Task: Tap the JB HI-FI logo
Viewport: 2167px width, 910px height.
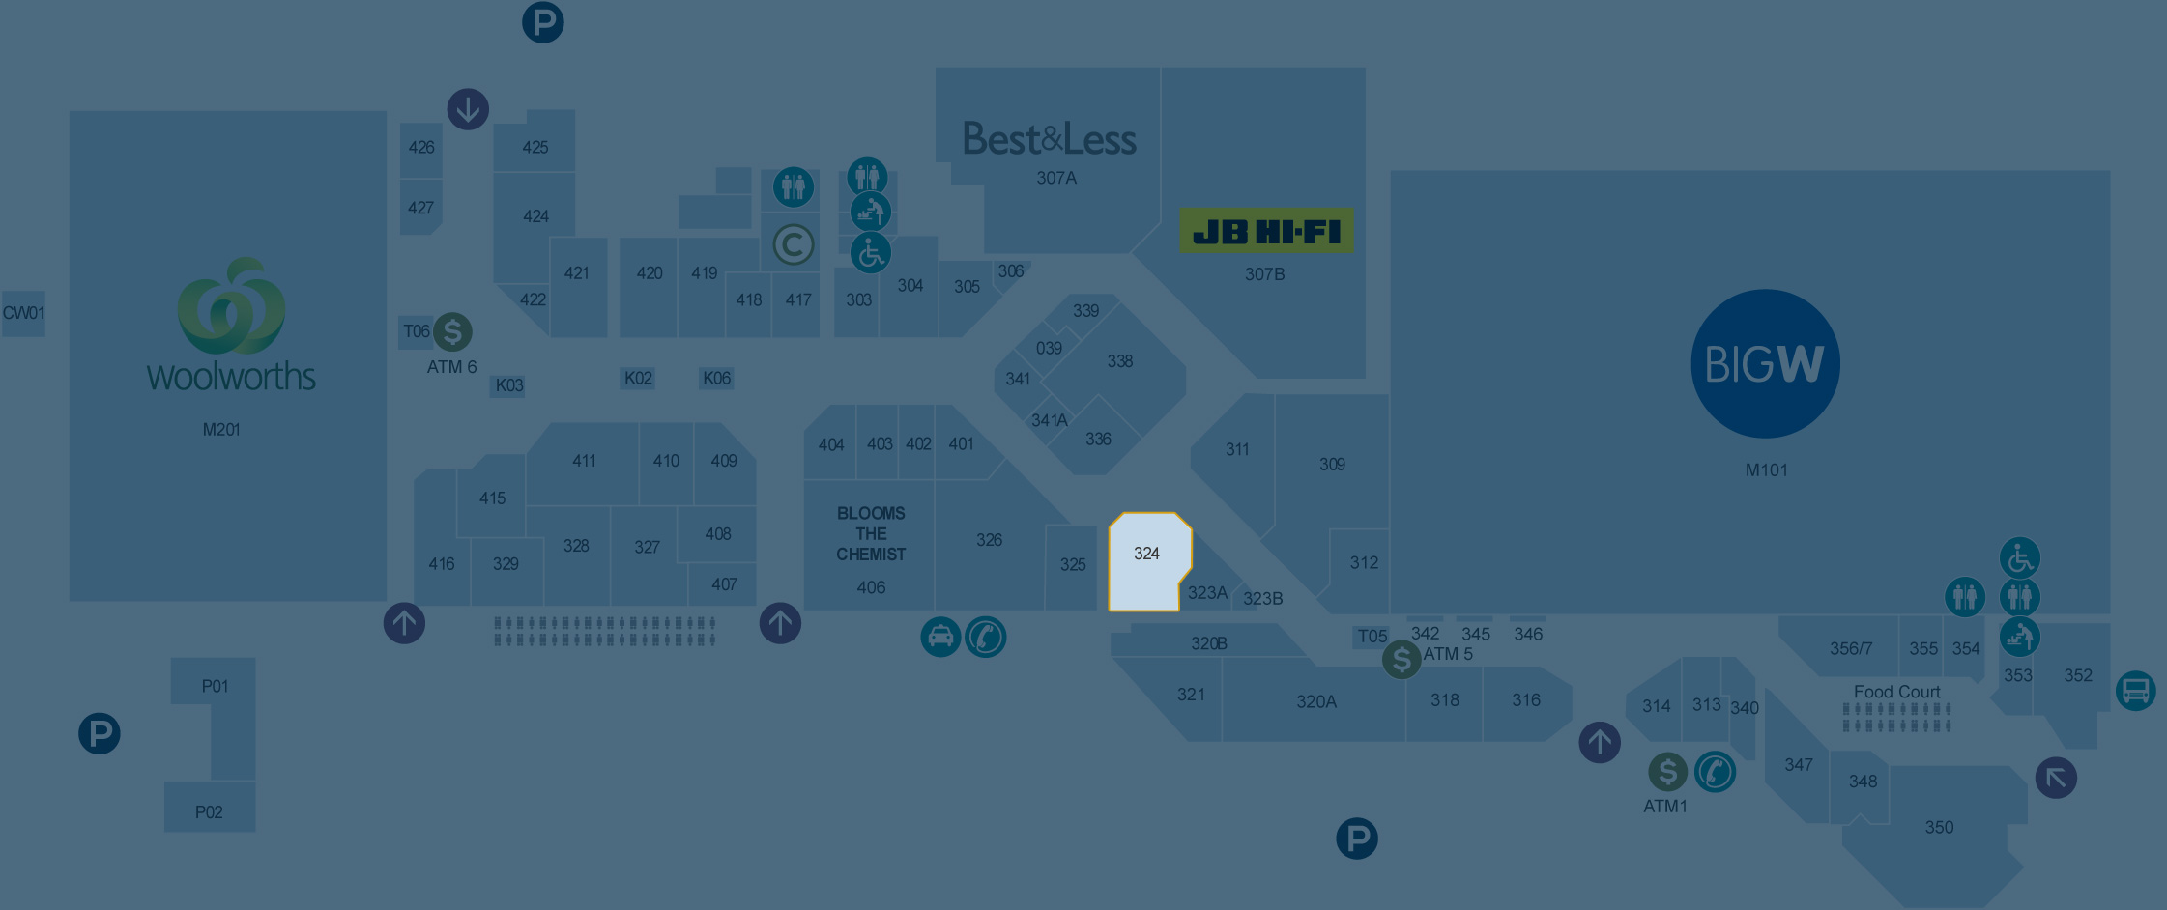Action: pos(1266,232)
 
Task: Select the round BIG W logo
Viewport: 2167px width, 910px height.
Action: pos(1765,364)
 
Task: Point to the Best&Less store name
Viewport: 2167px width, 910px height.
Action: pos(1050,140)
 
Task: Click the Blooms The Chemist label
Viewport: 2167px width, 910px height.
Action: pos(871,533)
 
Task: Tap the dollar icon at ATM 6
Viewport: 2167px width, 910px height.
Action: pos(452,331)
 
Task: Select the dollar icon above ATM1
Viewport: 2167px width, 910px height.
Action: pos(1667,772)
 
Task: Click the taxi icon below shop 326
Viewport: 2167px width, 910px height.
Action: pos(940,637)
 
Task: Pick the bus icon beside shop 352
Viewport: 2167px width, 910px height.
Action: pos(2135,691)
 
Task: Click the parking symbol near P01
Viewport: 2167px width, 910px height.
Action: pos(100,733)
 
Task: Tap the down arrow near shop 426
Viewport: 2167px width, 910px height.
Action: pos(468,109)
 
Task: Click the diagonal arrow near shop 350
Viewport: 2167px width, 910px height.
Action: pos(2056,778)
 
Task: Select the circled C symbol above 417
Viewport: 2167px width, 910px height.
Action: pos(794,244)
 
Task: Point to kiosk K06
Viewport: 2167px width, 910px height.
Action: pos(716,378)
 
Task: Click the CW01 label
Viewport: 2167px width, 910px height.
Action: pos(23,313)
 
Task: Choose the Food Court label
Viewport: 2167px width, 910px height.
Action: pos(1896,692)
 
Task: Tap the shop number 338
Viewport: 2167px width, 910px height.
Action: pos(1119,361)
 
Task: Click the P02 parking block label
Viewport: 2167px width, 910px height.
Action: pos(209,812)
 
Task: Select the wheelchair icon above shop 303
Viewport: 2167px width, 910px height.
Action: pos(870,253)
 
